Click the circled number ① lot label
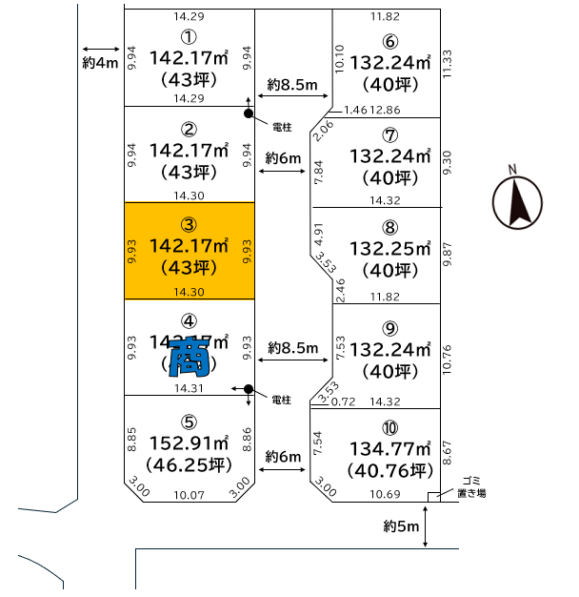tap(189, 36)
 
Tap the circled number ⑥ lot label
tap(388, 41)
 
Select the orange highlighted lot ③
tap(190, 251)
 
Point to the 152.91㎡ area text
tap(190, 443)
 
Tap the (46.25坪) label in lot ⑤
tap(190, 465)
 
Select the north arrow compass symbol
tap(516, 198)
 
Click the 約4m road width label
tap(99, 64)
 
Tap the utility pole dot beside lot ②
tap(249, 114)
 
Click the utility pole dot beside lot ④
tap(249, 389)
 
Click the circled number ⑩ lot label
tap(389, 426)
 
